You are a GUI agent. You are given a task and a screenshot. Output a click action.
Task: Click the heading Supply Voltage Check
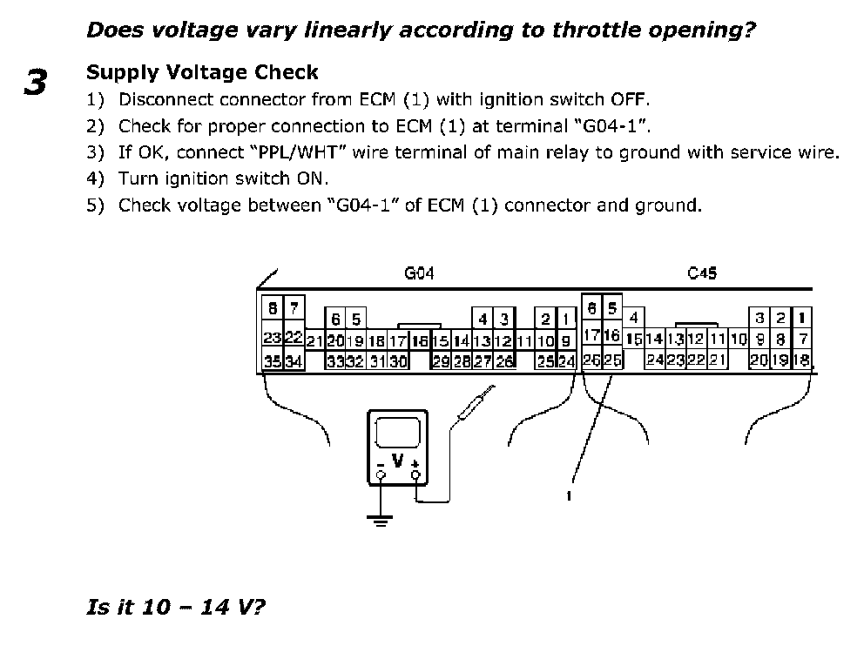[202, 72]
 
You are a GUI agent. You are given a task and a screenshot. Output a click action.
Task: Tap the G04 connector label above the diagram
[419, 273]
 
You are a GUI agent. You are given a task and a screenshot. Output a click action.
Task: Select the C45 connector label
[702, 273]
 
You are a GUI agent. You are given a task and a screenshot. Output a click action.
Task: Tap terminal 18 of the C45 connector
[801, 360]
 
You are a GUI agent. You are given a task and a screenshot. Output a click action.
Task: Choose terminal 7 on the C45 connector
[803, 338]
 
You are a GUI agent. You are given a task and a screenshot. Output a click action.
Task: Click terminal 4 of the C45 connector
[634, 317]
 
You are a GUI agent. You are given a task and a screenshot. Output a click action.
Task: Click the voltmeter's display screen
[397, 433]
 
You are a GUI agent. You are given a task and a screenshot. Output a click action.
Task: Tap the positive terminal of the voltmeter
[415, 476]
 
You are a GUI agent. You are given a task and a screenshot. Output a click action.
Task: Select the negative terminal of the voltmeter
[381, 476]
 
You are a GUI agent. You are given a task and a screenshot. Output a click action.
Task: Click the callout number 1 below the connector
[567, 495]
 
